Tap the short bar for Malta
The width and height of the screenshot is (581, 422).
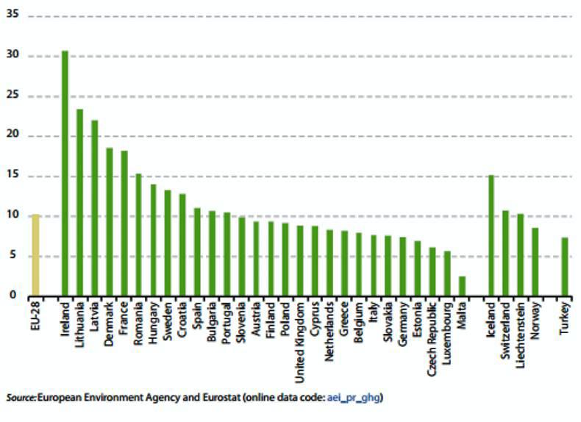pyautogui.click(x=461, y=286)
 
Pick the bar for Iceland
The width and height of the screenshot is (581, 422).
pyautogui.click(x=491, y=235)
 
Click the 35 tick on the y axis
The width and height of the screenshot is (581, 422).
pyautogui.click(x=13, y=16)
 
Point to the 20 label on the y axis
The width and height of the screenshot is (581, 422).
pyautogui.click(x=13, y=136)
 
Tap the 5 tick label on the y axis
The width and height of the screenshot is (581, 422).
pyautogui.click(x=15, y=256)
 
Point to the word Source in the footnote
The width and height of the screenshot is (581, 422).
pyautogui.click(x=20, y=398)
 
